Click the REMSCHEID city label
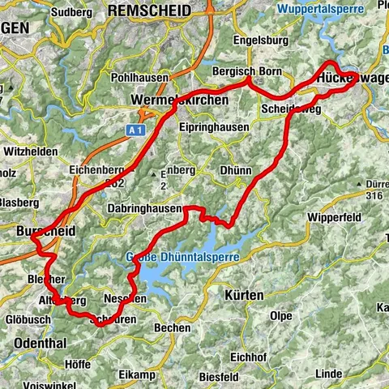pos(148,11)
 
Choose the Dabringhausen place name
pos(144,207)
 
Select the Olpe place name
pos(280,315)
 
